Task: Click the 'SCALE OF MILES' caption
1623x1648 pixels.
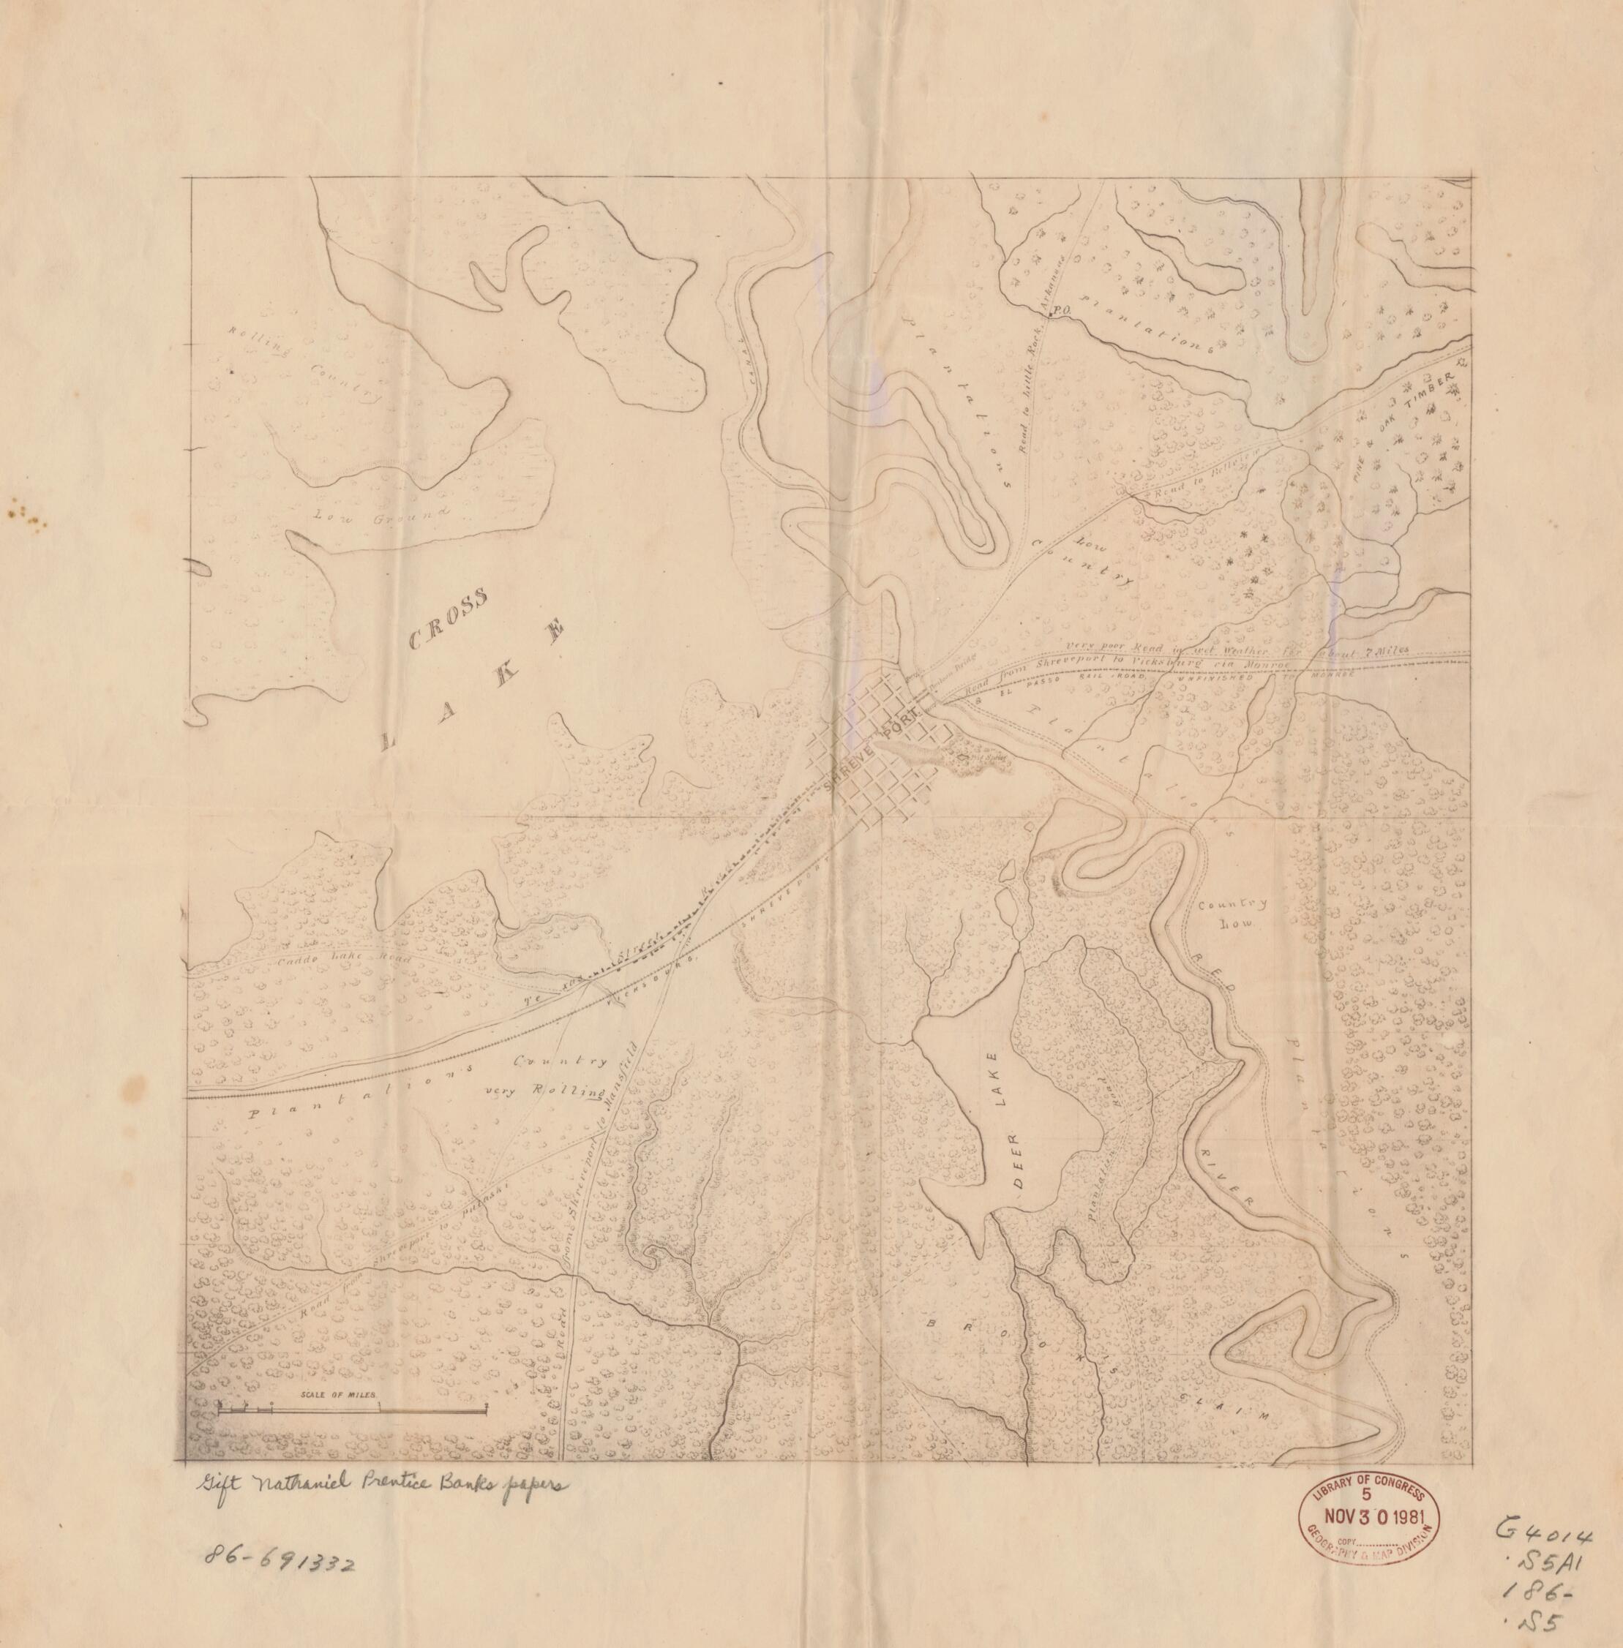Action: (337, 1395)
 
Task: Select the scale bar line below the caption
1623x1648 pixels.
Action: (353, 1411)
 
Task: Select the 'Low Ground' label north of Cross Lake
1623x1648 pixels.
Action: (381, 515)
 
